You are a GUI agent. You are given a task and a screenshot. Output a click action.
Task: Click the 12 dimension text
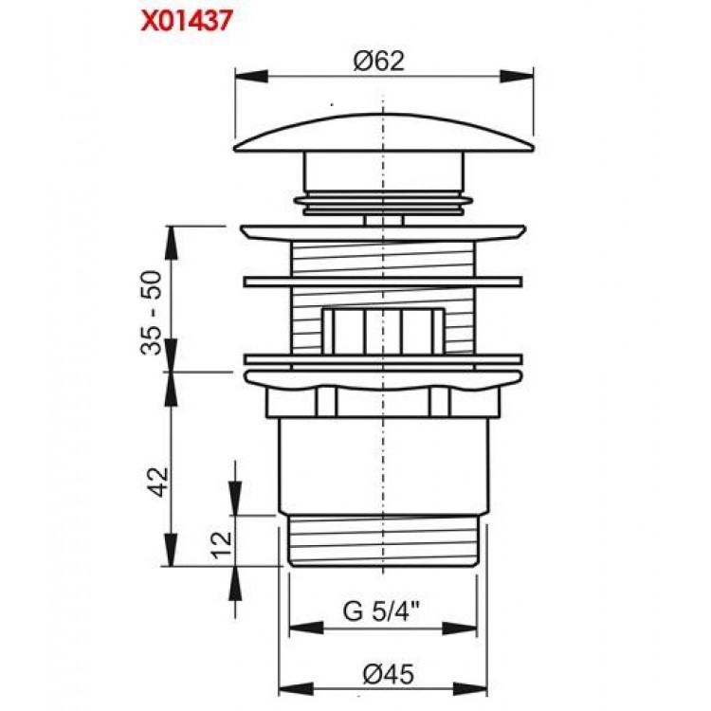pyautogui.click(x=220, y=543)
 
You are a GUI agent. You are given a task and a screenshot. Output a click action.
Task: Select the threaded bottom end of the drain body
pyautogui.click(x=383, y=540)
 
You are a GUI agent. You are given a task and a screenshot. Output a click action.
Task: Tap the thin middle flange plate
pyautogui.click(x=383, y=282)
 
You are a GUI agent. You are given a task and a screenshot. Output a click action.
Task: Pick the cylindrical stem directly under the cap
pyautogui.click(x=383, y=173)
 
